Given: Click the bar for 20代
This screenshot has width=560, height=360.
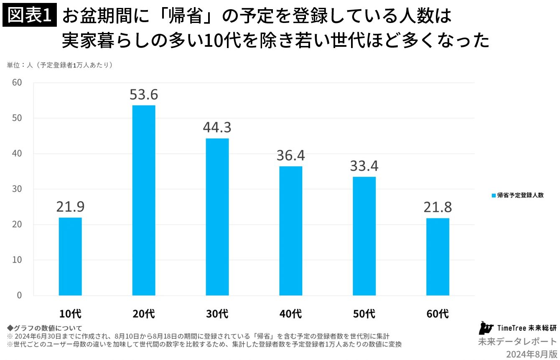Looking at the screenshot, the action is coord(144,200).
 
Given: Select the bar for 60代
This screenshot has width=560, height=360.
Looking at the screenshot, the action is coord(438,257).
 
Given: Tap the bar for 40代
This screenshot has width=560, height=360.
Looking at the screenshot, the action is coord(291,231).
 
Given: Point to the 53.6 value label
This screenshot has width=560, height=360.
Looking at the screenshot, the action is coord(144,94).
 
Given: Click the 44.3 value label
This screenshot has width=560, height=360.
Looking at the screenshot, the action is coord(217,127).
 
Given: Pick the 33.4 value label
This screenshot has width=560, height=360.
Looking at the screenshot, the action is coord(364,166).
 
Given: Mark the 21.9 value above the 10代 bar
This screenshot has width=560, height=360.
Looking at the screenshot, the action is coord(70,207).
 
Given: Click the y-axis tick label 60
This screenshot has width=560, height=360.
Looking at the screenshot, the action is coord(17,82).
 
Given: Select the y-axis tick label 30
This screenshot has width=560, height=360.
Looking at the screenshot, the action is coord(17,189).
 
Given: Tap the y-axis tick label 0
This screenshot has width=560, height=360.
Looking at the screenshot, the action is coord(19,295).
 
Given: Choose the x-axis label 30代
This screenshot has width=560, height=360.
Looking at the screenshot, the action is coord(217,314).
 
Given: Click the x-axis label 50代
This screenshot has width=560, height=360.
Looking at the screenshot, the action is coord(364,314).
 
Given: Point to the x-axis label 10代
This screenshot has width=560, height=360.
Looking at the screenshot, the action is coord(70,314).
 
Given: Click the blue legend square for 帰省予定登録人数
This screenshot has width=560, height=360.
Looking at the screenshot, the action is coord(494,195).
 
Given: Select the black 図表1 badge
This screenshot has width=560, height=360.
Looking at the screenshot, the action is coord(30,15).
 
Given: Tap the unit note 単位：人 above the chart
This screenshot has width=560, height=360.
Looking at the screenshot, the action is coord(20,65).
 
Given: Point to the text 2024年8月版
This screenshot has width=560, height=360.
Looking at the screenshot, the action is coord(532,354).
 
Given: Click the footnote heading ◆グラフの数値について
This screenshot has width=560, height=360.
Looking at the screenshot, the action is coord(44,328).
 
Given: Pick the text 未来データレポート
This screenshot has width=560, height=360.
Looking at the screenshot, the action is coord(518,342).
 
